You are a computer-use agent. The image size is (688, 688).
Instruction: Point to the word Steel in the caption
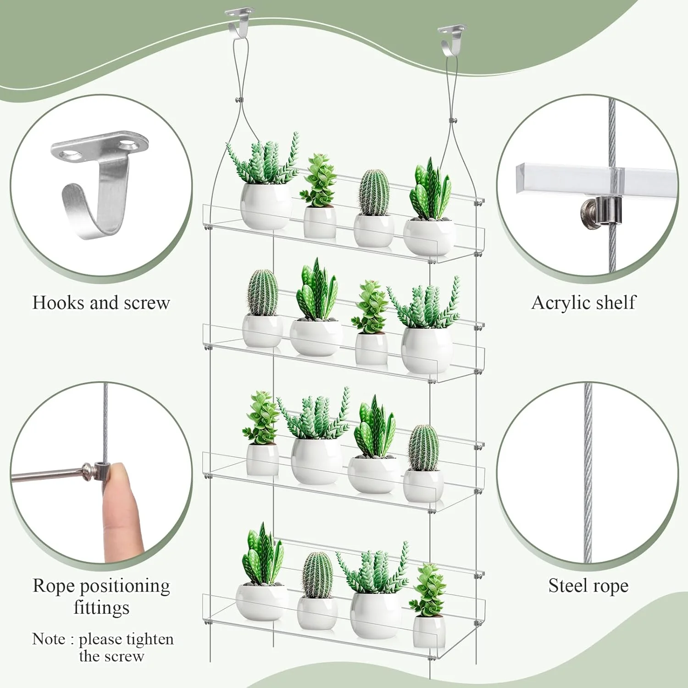567,586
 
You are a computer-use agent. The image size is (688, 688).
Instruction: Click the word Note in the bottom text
49,639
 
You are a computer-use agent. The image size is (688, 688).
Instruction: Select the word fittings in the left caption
101,607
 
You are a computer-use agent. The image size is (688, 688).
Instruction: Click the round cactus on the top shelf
374,193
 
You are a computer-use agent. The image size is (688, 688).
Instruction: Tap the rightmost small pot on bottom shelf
429,631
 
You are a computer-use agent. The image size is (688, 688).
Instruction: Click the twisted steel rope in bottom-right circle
588,472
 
